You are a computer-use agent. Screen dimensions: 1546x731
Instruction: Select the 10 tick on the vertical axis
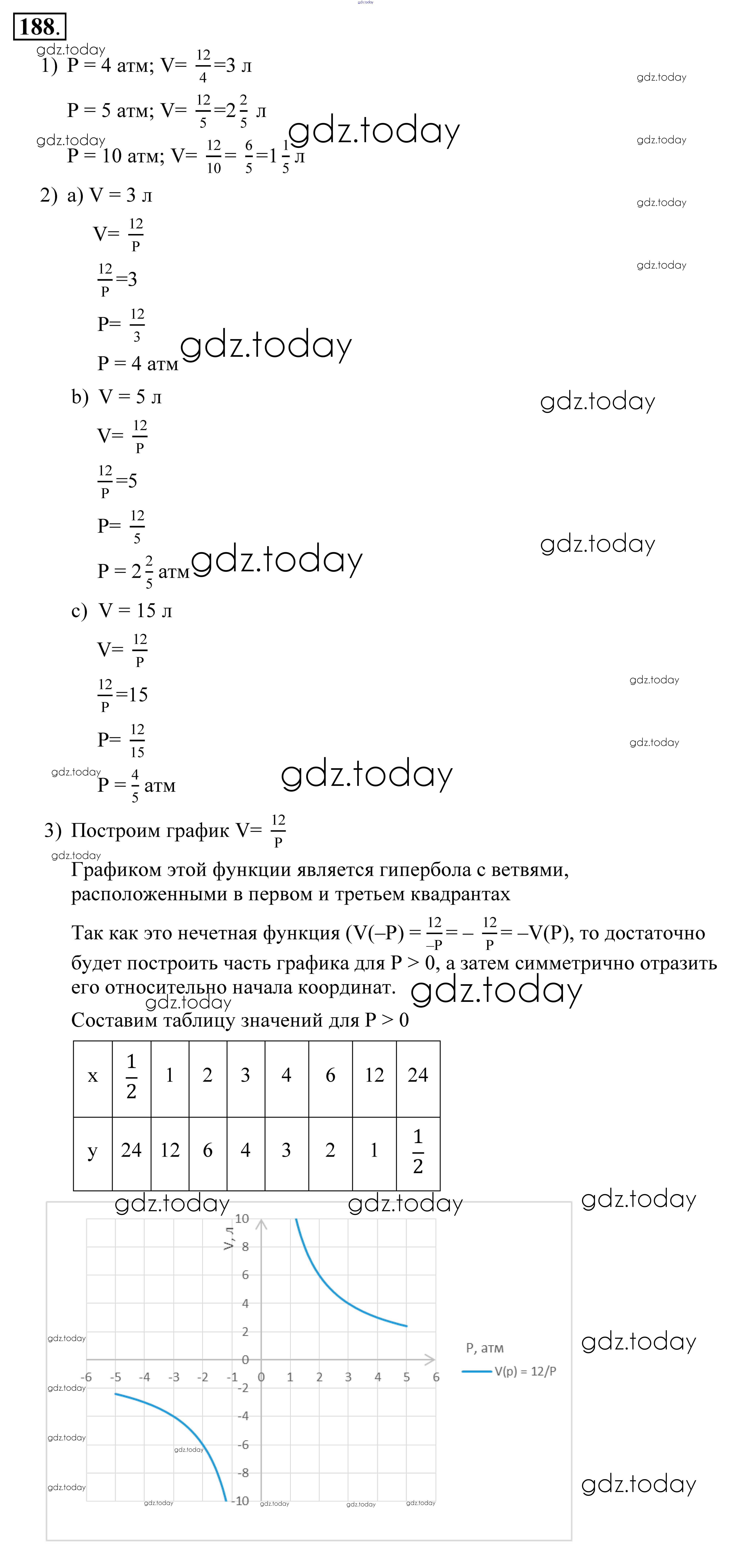pyautogui.click(x=241, y=1218)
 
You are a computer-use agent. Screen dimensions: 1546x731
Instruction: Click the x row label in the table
pyautogui.click(x=92, y=1075)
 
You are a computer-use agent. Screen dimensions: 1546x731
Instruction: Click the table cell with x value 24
pyautogui.click(x=418, y=1075)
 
